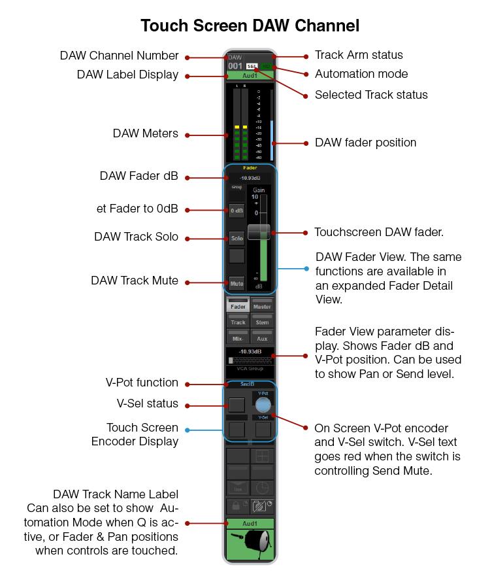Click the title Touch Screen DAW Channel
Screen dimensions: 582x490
click(x=250, y=26)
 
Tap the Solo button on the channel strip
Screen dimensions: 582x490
click(x=237, y=238)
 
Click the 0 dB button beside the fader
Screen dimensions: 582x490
click(x=237, y=211)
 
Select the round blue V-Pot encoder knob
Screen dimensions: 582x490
click(x=263, y=404)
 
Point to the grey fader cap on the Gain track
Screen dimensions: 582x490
click(x=259, y=231)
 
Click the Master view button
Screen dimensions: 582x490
click(x=261, y=305)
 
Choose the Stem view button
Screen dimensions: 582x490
click(x=261, y=321)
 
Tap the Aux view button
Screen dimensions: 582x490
click(x=261, y=337)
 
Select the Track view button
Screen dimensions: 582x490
click(x=238, y=321)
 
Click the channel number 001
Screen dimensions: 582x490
click(x=235, y=66)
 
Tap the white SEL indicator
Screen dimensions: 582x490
click(x=252, y=66)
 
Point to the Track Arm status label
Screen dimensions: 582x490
click(x=359, y=56)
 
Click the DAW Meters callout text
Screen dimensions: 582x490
click(x=145, y=133)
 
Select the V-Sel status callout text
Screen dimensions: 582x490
click(x=143, y=403)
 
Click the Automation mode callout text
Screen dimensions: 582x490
click(x=361, y=75)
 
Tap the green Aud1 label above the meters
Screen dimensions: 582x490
click(x=250, y=76)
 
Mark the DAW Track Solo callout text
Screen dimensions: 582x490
click(x=136, y=237)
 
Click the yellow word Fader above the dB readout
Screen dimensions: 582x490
click(x=250, y=168)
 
